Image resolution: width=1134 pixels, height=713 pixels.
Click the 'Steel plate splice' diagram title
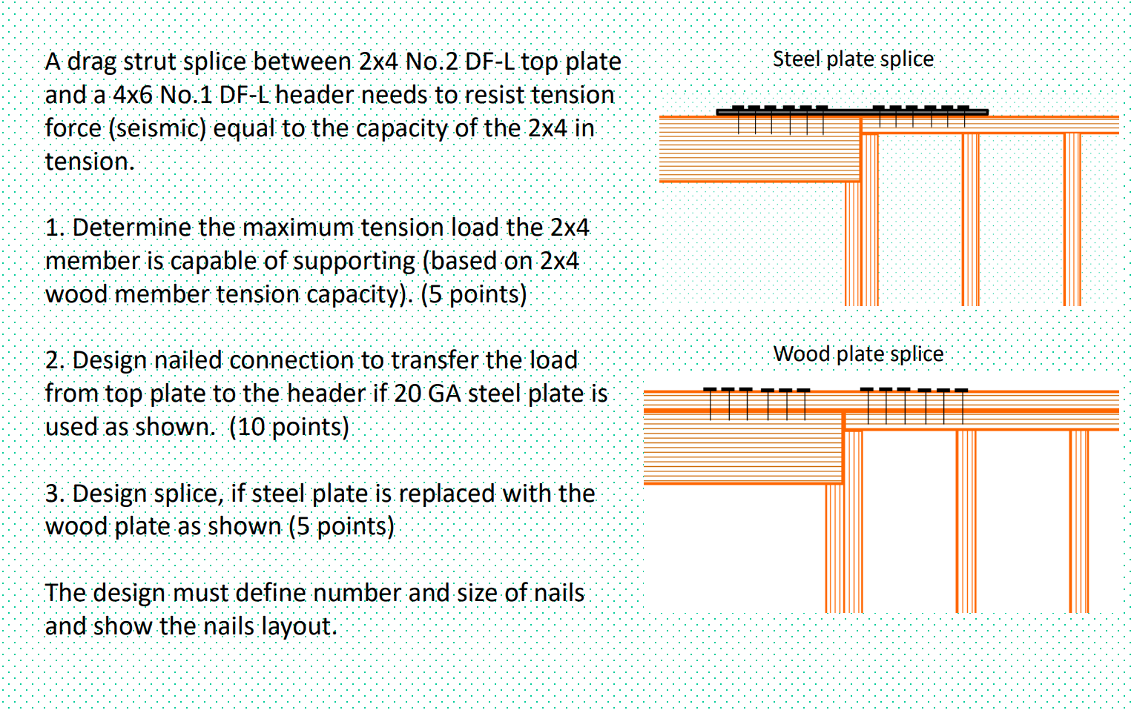coord(853,59)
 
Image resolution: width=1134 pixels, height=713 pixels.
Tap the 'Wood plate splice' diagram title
coord(858,354)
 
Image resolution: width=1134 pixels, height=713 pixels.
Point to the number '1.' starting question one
coord(54,228)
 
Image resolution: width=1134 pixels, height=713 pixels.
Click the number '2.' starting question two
coord(54,360)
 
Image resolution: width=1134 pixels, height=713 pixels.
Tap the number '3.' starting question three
coord(54,494)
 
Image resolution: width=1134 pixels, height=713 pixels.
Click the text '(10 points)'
coord(289,427)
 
